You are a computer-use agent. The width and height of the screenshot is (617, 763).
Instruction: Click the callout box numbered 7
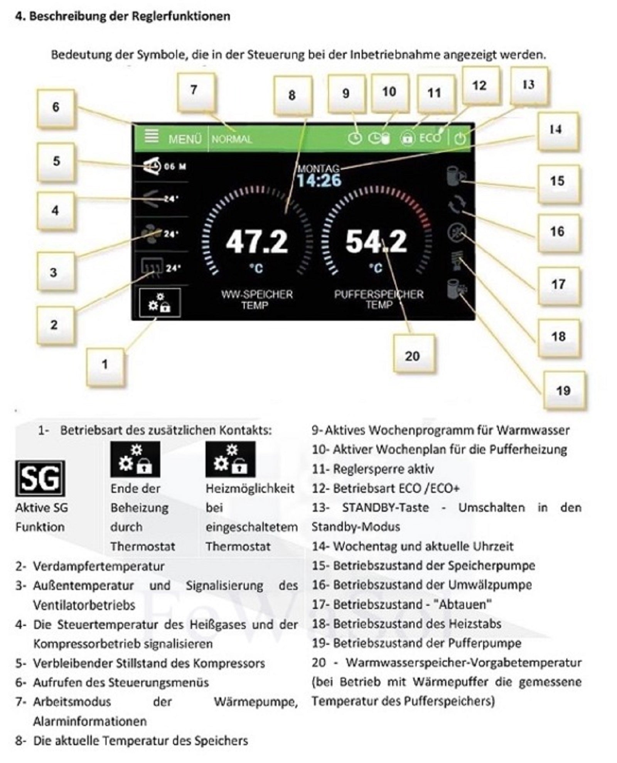196,92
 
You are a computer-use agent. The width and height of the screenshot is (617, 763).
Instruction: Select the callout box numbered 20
413,354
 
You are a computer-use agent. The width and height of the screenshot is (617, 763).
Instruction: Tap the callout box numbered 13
529,86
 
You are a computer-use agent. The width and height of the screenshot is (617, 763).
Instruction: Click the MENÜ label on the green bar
185,139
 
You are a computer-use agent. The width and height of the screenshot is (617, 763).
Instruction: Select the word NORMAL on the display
232,139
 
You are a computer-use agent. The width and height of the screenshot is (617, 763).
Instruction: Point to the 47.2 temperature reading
257,242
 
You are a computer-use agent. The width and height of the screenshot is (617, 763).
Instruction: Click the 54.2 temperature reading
376,242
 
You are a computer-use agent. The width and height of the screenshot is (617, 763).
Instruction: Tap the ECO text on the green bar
430,138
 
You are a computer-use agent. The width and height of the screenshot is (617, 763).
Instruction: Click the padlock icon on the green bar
407,138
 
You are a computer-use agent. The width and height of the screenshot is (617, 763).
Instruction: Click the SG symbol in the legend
40,478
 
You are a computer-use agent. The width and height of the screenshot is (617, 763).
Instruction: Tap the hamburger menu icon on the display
152,136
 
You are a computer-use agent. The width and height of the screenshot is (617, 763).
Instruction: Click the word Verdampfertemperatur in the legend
99,566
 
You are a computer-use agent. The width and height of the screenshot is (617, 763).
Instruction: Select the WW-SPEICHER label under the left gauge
257,294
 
